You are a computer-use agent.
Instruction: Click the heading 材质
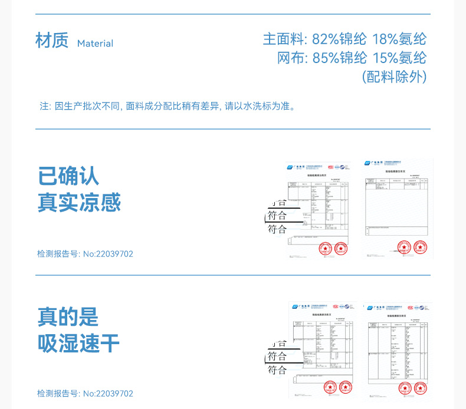[x=52, y=41]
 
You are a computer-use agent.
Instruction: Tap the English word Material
[x=95, y=44]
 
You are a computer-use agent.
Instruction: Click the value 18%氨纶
[x=399, y=39]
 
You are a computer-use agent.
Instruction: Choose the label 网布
[x=290, y=58]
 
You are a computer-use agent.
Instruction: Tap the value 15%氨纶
[x=399, y=58]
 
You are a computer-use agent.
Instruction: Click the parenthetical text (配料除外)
[x=393, y=77]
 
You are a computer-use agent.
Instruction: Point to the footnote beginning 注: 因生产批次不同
[x=167, y=106]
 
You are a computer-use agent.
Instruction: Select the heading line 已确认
[x=68, y=176]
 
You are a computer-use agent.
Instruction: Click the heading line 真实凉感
[x=79, y=202]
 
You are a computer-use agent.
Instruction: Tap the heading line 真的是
[x=68, y=316]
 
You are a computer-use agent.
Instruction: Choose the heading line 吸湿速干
[x=79, y=343]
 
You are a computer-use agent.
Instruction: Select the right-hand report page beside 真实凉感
[x=397, y=208]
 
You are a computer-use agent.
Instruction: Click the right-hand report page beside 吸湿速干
[x=397, y=349]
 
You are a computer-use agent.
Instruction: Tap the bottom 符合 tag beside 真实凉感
[x=277, y=229]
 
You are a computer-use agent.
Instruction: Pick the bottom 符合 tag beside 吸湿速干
[x=277, y=370]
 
